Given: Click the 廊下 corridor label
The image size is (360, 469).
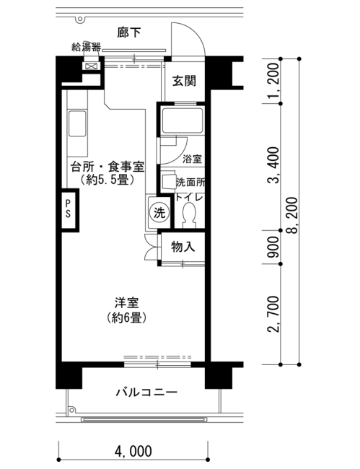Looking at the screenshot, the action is (128, 32).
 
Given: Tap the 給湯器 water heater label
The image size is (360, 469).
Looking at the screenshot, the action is (86, 47).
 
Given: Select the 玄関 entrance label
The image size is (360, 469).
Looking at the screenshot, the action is (184, 81).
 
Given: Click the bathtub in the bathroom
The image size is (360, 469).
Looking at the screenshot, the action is (183, 120).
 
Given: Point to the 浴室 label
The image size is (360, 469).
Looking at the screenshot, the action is (192, 159).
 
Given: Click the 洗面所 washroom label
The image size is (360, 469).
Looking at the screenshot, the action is (190, 182).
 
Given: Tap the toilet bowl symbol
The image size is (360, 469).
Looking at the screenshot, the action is (189, 214).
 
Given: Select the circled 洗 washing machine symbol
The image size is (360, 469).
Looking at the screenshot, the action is (159, 213).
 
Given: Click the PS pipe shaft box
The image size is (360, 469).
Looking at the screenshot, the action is (69, 210).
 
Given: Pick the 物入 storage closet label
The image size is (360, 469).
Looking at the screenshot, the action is (183, 247).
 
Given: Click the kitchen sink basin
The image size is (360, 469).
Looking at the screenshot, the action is (77, 123).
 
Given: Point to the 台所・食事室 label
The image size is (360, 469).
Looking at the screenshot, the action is (107, 167).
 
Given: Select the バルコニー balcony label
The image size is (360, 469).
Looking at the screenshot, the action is (146, 392).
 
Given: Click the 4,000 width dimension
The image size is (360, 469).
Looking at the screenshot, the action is (133, 452).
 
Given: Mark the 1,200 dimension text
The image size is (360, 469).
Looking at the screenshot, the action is (273, 81).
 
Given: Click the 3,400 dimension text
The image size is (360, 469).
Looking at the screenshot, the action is (273, 165).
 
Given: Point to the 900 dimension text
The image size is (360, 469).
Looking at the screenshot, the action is (273, 247).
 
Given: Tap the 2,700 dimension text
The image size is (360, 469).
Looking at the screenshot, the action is (273, 315).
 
